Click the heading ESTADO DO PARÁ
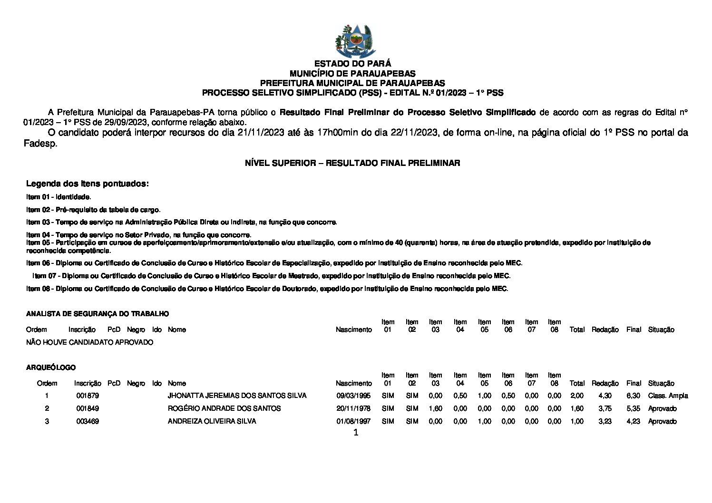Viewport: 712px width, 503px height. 352,64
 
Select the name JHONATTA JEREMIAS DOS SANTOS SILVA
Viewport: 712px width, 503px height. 237,396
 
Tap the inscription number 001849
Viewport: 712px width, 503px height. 88,408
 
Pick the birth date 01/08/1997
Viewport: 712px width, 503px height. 353,421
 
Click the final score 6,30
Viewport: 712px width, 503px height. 633,396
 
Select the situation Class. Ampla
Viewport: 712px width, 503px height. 668,396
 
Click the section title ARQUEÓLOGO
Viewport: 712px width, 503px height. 51,368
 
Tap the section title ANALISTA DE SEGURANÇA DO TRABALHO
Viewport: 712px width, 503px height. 98,314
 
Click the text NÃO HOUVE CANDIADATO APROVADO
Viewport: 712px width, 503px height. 90,342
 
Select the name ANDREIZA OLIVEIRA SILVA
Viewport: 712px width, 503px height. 212,421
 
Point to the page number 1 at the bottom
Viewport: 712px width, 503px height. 356,433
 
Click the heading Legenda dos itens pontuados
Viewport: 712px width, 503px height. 88,184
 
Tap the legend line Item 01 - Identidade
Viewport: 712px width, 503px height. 59,197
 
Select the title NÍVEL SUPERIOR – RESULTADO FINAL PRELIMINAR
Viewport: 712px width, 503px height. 352,163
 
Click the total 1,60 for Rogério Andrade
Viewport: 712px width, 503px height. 577,408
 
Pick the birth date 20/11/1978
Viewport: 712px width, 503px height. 353,408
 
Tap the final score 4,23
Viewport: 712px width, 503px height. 633,421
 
